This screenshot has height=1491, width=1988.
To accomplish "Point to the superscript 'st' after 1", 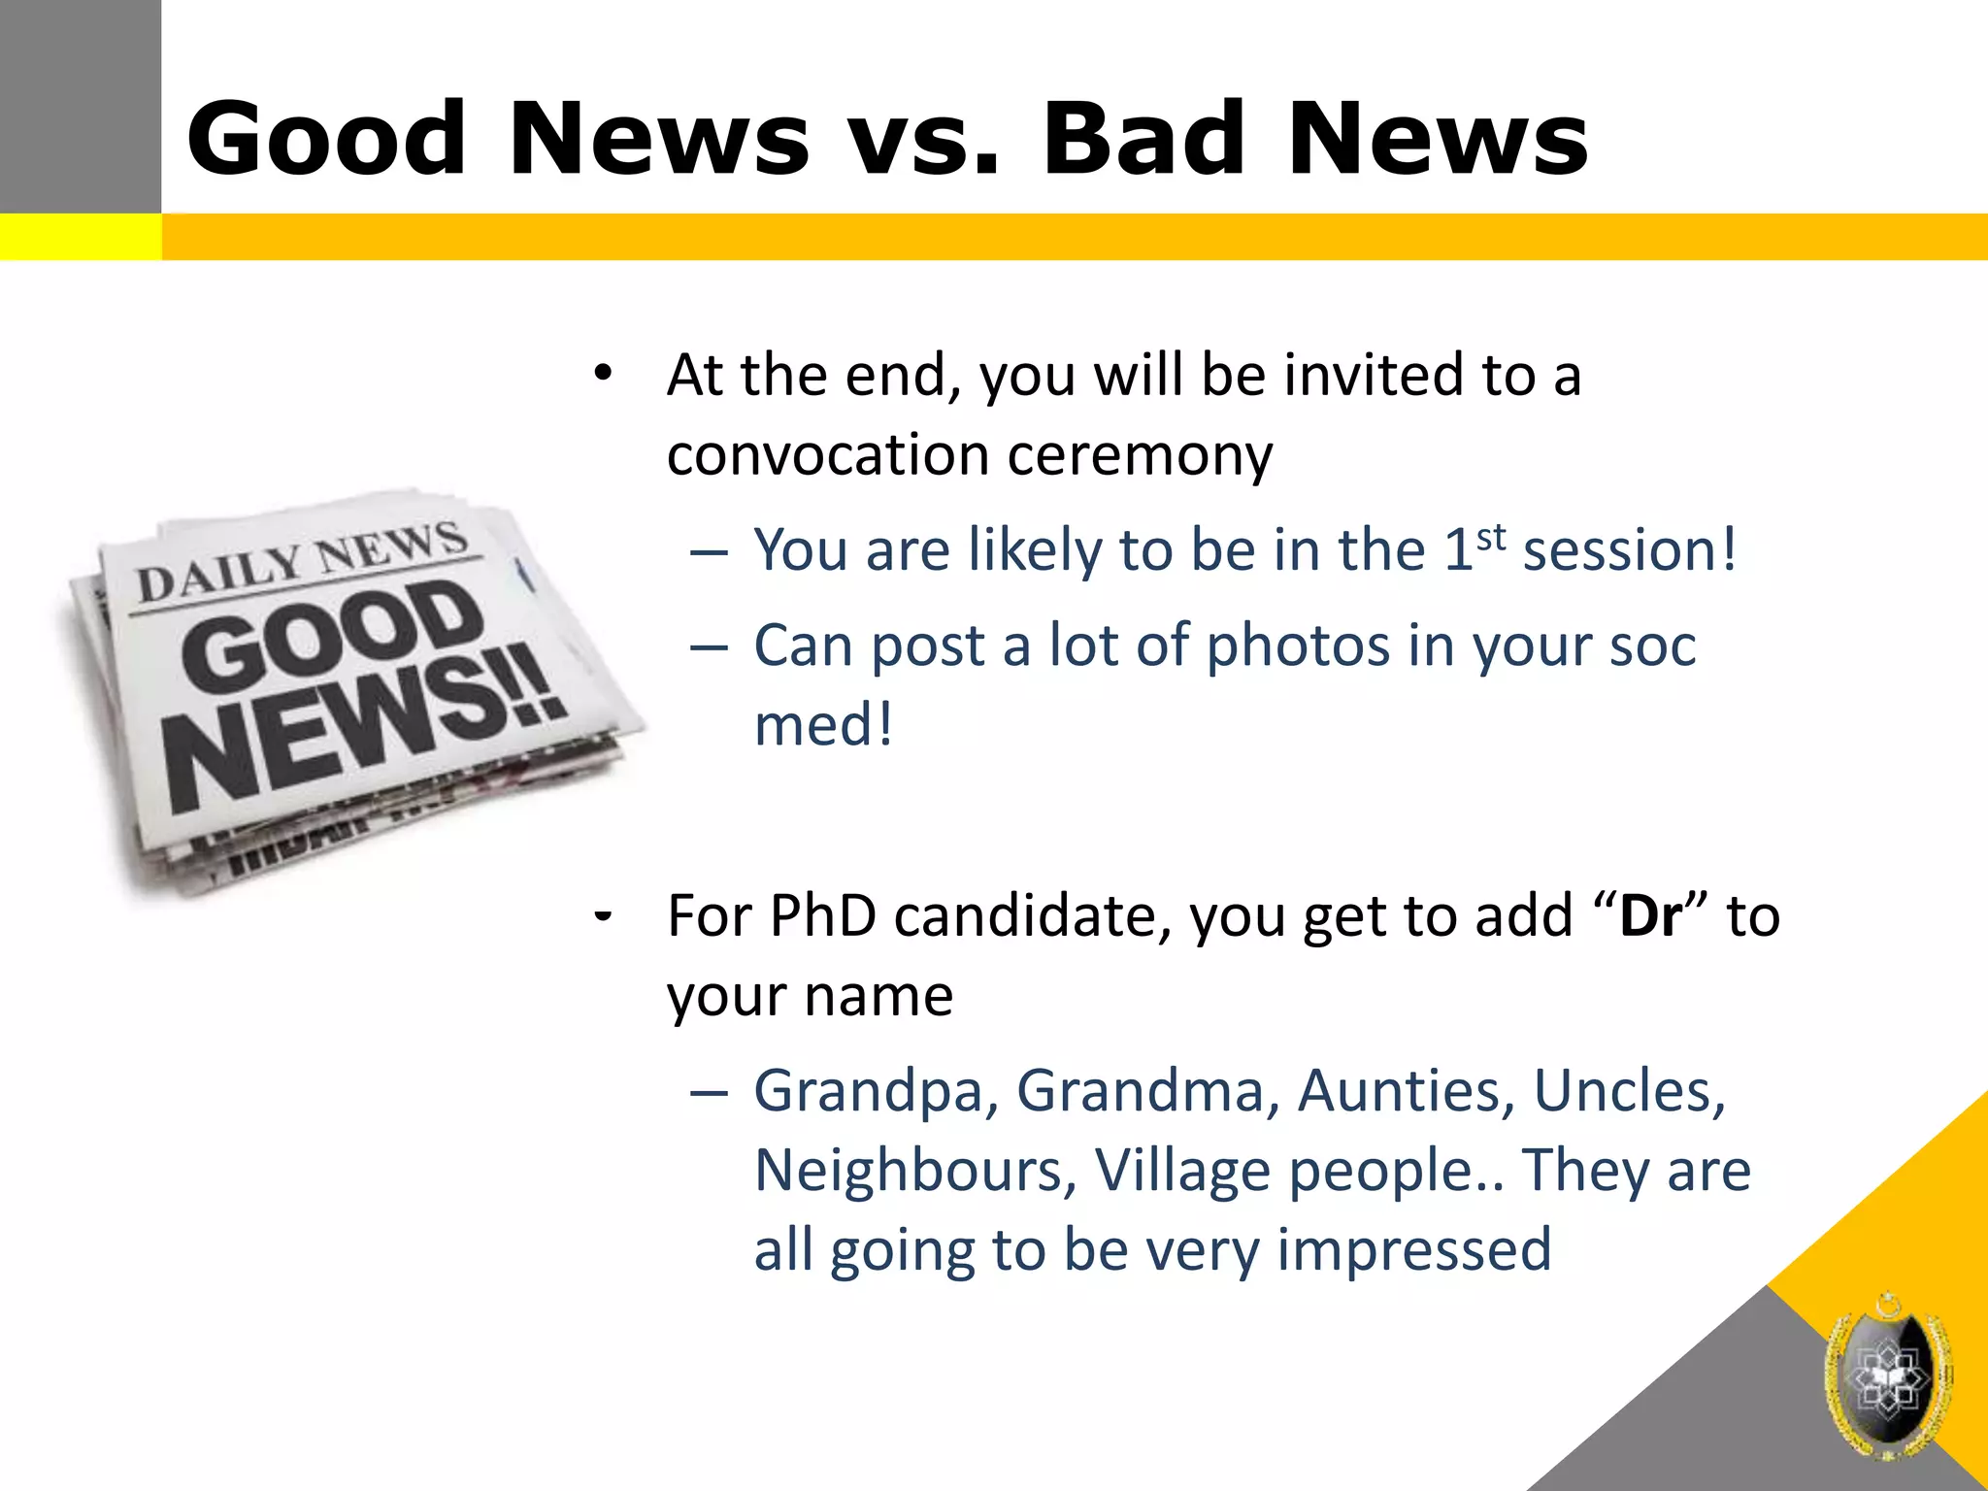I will pyautogui.click(x=1491, y=537).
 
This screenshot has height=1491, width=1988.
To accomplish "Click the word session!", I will pyautogui.click(x=1629, y=550).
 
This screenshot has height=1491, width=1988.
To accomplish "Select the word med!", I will pyautogui.click(x=823, y=725).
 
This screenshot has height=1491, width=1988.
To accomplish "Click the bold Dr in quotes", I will pyautogui.click(x=1650, y=915).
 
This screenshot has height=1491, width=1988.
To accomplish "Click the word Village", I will pyautogui.click(x=1182, y=1171).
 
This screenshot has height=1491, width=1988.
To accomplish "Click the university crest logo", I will pyautogui.click(x=1887, y=1375).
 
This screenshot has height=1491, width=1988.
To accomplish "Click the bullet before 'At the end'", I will pyautogui.click(x=604, y=373).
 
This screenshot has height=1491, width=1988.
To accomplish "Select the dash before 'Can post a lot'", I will pyautogui.click(x=709, y=646).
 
